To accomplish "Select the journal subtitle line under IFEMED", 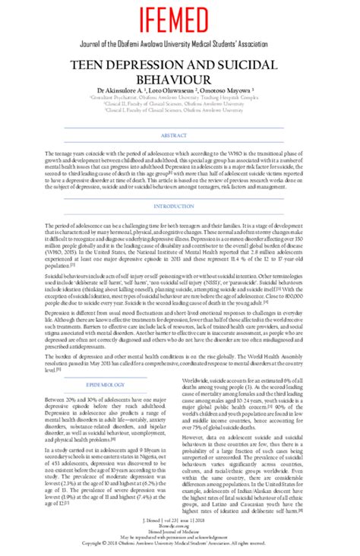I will coord(180,46).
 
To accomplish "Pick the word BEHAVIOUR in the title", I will coord(180,80).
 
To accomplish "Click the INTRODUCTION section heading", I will coord(180,207).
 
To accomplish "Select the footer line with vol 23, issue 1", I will coord(180,522).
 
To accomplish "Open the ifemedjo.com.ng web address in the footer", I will coord(180,527).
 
